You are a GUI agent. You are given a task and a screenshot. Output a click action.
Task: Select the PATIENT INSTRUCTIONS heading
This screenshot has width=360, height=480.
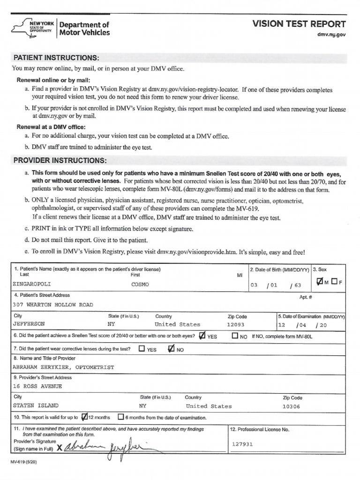click(56, 58)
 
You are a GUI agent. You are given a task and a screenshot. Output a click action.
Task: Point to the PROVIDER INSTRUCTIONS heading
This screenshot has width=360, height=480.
click(60, 160)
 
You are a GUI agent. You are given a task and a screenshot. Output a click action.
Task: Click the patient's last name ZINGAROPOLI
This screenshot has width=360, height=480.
click(31, 284)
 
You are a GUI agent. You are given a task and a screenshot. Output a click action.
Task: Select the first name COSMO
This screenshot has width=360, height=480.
click(140, 284)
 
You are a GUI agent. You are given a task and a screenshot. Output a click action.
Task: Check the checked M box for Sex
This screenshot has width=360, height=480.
click(320, 281)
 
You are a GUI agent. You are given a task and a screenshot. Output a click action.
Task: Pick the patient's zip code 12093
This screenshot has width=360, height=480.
click(236, 324)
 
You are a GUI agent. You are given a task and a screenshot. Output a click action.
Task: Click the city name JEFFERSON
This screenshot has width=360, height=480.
click(29, 324)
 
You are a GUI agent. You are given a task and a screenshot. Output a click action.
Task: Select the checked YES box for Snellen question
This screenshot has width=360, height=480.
click(202, 336)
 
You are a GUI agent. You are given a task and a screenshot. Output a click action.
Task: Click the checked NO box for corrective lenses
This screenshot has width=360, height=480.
click(171, 349)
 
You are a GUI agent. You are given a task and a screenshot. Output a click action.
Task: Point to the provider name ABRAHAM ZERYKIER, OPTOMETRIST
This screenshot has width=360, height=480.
click(63, 367)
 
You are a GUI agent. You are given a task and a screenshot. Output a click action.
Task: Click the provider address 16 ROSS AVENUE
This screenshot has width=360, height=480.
click(37, 387)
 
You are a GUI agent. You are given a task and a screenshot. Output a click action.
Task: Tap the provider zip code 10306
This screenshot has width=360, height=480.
click(291, 406)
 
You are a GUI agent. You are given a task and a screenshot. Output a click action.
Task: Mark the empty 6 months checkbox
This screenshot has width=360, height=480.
click(121, 417)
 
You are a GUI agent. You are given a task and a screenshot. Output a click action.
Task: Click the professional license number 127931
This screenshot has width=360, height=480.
click(242, 444)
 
